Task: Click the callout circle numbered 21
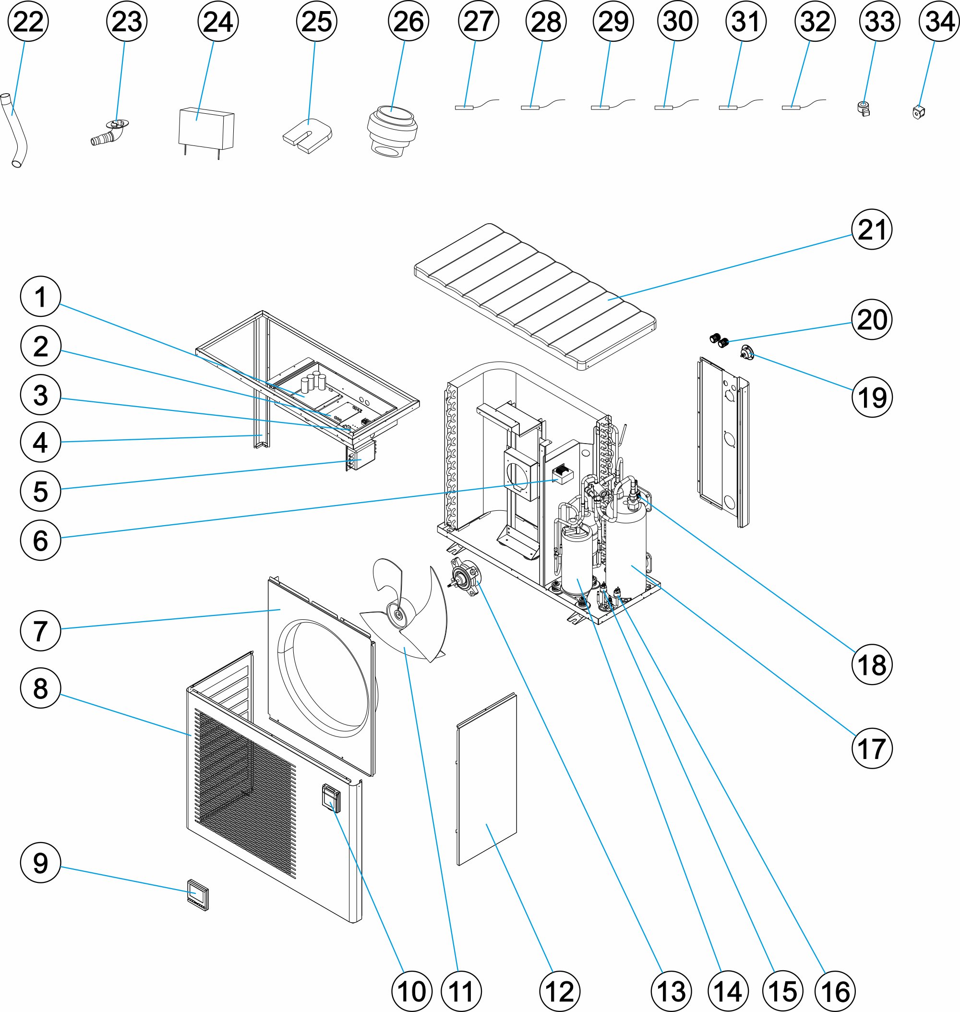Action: coord(872,229)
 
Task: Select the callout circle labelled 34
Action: coord(939,21)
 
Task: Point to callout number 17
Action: coord(872,748)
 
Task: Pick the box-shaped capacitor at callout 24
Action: coord(206,129)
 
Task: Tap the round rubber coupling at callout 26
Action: coord(392,130)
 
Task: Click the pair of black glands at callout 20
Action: coord(719,340)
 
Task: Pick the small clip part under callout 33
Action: coord(864,108)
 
